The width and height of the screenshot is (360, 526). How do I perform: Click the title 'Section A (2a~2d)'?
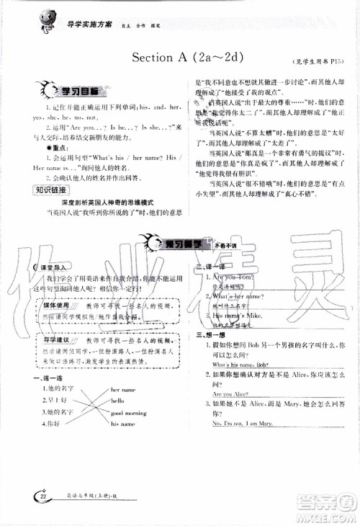coord(192,58)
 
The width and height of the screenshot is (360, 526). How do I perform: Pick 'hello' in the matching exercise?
coord(118,401)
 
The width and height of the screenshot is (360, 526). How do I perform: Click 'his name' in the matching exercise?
coord(123,424)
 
